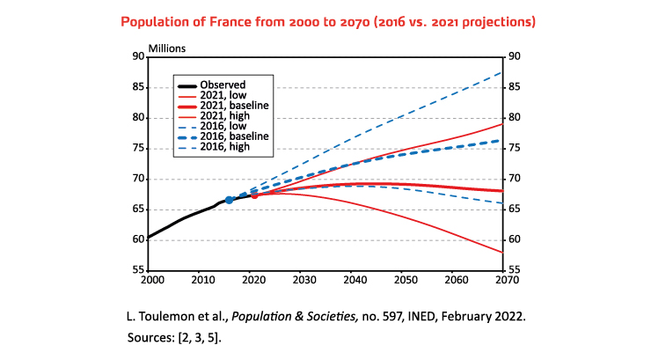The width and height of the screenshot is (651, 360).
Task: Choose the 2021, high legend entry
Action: [226, 116]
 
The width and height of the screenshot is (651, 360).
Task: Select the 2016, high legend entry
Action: [226, 147]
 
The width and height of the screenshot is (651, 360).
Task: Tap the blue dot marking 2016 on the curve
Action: [230, 200]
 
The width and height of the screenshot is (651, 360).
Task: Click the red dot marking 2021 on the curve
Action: [254, 195]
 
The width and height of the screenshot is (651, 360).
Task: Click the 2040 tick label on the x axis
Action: [354, 280]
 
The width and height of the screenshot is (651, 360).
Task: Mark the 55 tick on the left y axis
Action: [138, 270]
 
